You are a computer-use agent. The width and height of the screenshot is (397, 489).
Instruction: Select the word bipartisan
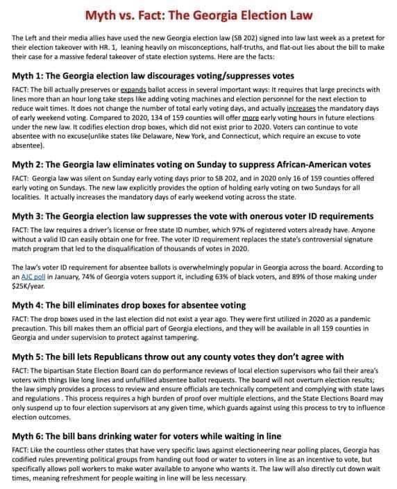[x=61, y=391]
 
